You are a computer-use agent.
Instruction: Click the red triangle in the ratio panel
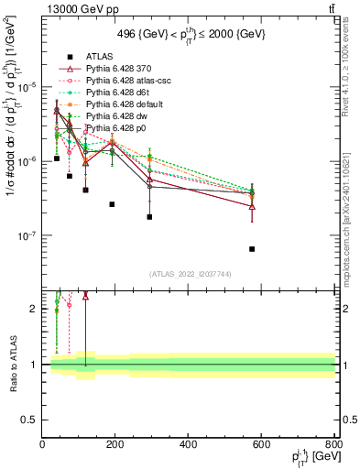(85, 296)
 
